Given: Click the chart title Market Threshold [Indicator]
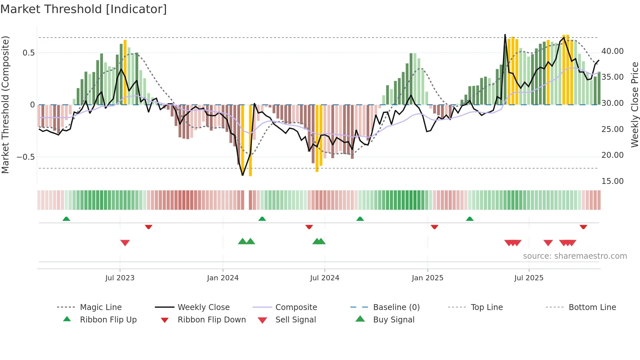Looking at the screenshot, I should [84, 9].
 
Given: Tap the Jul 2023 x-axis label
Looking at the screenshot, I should [120, 278].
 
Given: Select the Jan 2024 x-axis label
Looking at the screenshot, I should [223, 278].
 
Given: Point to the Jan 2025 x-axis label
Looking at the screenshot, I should [427, 278].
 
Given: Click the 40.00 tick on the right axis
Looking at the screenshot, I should [612, 51].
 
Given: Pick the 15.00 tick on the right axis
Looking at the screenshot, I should [612, 181].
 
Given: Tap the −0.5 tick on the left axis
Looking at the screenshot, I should [25, 157].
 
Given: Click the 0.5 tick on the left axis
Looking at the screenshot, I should [28, 53].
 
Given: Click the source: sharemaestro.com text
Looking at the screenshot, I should [575, 256].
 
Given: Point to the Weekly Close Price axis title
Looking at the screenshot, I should [634, 105].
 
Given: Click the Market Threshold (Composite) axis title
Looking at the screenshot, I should [5, 105].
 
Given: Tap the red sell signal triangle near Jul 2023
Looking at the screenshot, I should [125, 243].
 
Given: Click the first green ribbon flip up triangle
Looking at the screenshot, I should [66, 219].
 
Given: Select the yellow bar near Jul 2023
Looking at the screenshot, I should [125, 72].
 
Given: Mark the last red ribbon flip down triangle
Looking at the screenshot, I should [583, 227].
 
